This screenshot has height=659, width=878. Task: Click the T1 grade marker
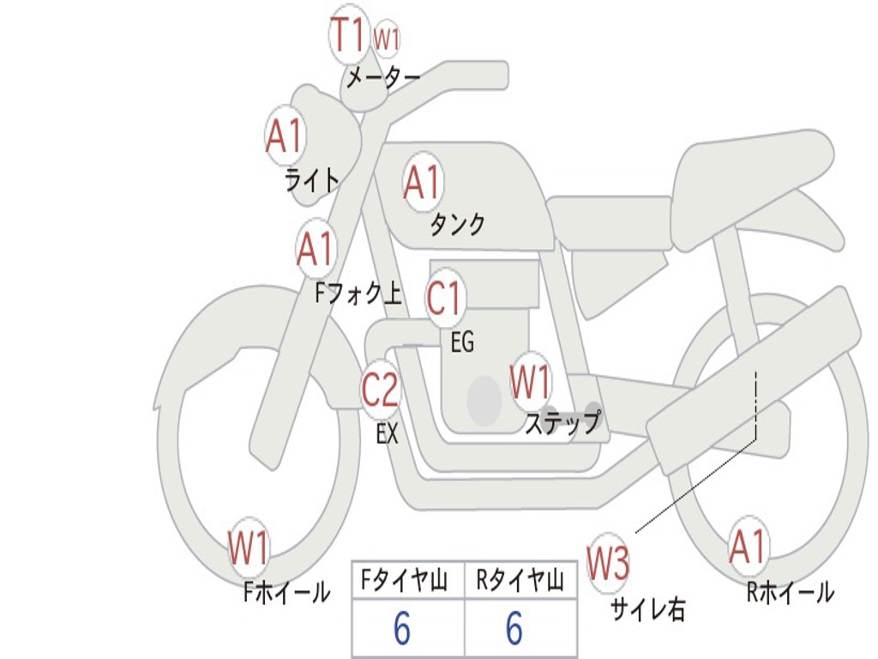pyautogui.click(x=349, y=35)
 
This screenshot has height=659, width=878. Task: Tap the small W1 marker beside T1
pyautogui.click(x=387, y=39)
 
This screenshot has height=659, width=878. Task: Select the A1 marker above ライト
pyautogui.click(x=285, y=136)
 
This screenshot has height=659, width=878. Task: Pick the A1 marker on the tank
pyautogui.click(x=422, y=181)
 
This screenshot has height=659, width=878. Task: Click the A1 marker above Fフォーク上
pyautogui.click(x=316, y=249)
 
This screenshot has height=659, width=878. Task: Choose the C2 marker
pyautogui.click(x=380, y=390)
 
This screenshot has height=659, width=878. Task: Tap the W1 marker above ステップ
pyautogui.click(x=531, y=382)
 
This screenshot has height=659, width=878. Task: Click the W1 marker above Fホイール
pyautogui.click(x=249, y=548)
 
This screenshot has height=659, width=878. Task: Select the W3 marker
pyautogui.click(x=608, y=564)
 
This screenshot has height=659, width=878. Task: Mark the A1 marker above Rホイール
pyautogui.click(x=748, y=547)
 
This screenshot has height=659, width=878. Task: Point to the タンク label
pyautogui.click(x=457, y=225)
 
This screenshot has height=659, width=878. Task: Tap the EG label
pyautogui.click(x=462, y=343)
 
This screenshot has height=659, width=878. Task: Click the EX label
pyautogui.click(x=388, y=434)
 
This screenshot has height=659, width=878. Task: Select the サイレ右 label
pyautogui.click(x=648, y=609)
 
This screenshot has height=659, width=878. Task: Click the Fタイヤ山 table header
pyautogui.click(x=408, y=582)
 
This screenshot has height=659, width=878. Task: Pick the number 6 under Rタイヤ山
pyautogui.click(x=514, y=630)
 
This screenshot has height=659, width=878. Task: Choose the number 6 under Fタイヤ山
pyautogui.click(x=402, y=630)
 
